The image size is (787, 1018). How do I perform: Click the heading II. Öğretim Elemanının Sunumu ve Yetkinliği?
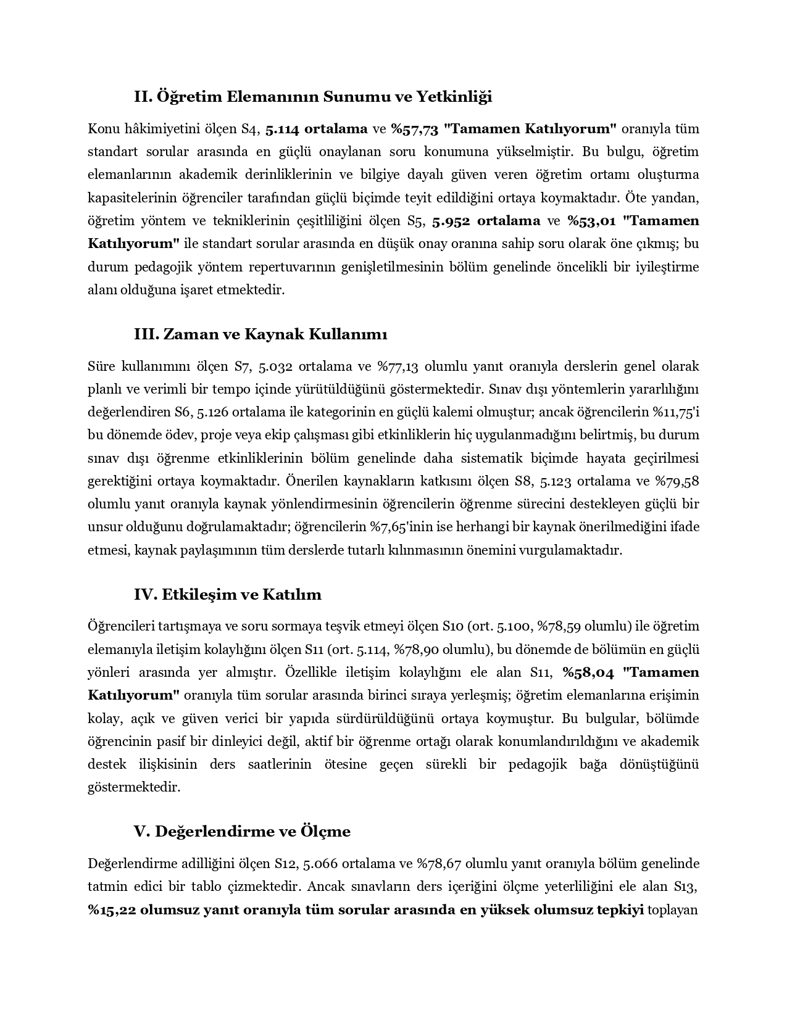pos(313,97)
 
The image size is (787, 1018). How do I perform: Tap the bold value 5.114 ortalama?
pos(316,129)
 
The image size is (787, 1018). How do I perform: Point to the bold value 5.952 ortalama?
pos(486,221)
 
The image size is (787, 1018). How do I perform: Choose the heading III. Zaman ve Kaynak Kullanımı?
pos(260,334)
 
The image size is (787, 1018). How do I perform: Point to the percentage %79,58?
pos(677,481)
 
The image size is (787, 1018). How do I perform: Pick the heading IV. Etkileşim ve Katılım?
pos(228,595)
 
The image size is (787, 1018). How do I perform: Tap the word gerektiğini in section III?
pos(120,481)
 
